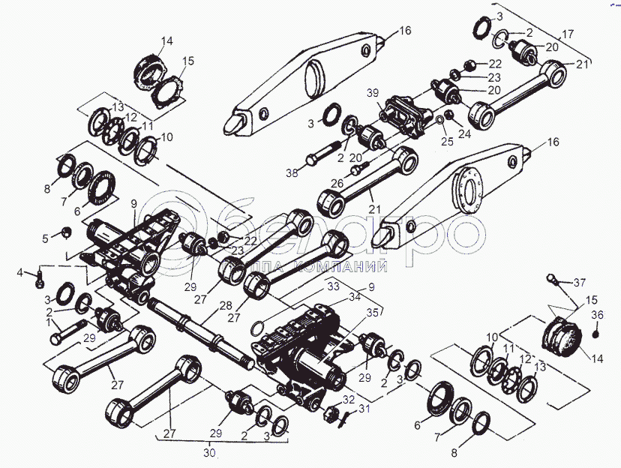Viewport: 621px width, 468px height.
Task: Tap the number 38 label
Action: (x=291, y=173)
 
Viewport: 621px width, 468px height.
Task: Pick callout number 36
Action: (x=598, y=314)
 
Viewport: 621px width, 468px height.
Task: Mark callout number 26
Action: (x=337, y=182)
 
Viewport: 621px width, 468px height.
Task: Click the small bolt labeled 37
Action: (x=554, y=282)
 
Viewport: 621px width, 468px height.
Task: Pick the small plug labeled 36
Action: (x=598, y=327)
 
